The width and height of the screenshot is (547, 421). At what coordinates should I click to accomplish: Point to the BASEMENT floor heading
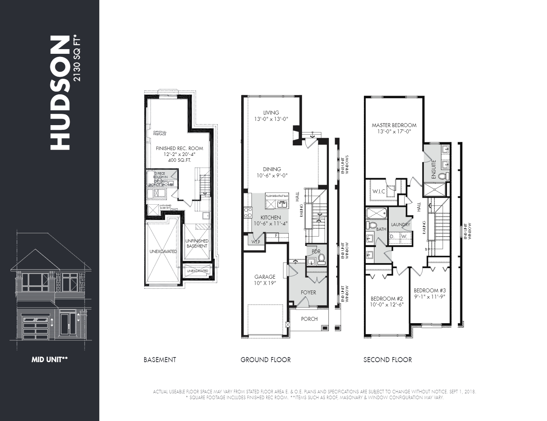tap(160, 360)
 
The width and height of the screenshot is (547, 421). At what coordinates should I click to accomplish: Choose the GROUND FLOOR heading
tap(265, 360)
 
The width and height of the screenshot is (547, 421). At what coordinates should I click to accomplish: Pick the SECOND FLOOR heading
tap(387, 360)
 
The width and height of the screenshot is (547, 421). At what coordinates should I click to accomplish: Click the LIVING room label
tap(271, 113)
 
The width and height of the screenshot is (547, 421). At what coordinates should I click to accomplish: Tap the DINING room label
tap(272, 169)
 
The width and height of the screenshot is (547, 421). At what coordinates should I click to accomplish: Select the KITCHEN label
tap(270, 218)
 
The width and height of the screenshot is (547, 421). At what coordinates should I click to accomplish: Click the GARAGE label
tap(265, 277)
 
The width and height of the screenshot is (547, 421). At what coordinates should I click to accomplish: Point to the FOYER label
tap(308, 292)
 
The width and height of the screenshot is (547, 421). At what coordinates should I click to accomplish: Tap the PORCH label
tap(309, 319)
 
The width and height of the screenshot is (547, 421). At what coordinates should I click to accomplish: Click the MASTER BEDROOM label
tap(394, 125)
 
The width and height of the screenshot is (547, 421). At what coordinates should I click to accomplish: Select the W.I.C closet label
tap(379, 191)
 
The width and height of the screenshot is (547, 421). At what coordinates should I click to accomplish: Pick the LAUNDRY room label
tap(401, 225)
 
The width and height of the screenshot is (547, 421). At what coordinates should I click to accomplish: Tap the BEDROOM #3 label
tap(429, 290)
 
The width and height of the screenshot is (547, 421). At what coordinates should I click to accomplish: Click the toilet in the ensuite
tap(442, 176)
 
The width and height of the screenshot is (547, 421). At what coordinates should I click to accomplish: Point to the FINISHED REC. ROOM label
tap(179, 149)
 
